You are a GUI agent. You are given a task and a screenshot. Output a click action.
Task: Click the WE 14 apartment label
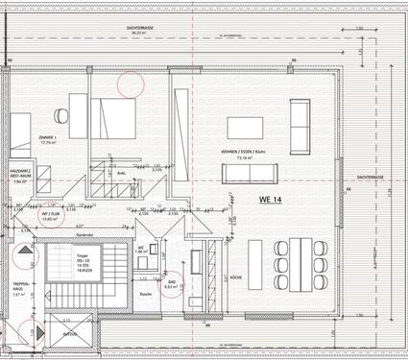(271, 200)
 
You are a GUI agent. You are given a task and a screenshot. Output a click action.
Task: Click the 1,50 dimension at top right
(358, 29)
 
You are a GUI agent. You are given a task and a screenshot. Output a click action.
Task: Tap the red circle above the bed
(130, 81)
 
